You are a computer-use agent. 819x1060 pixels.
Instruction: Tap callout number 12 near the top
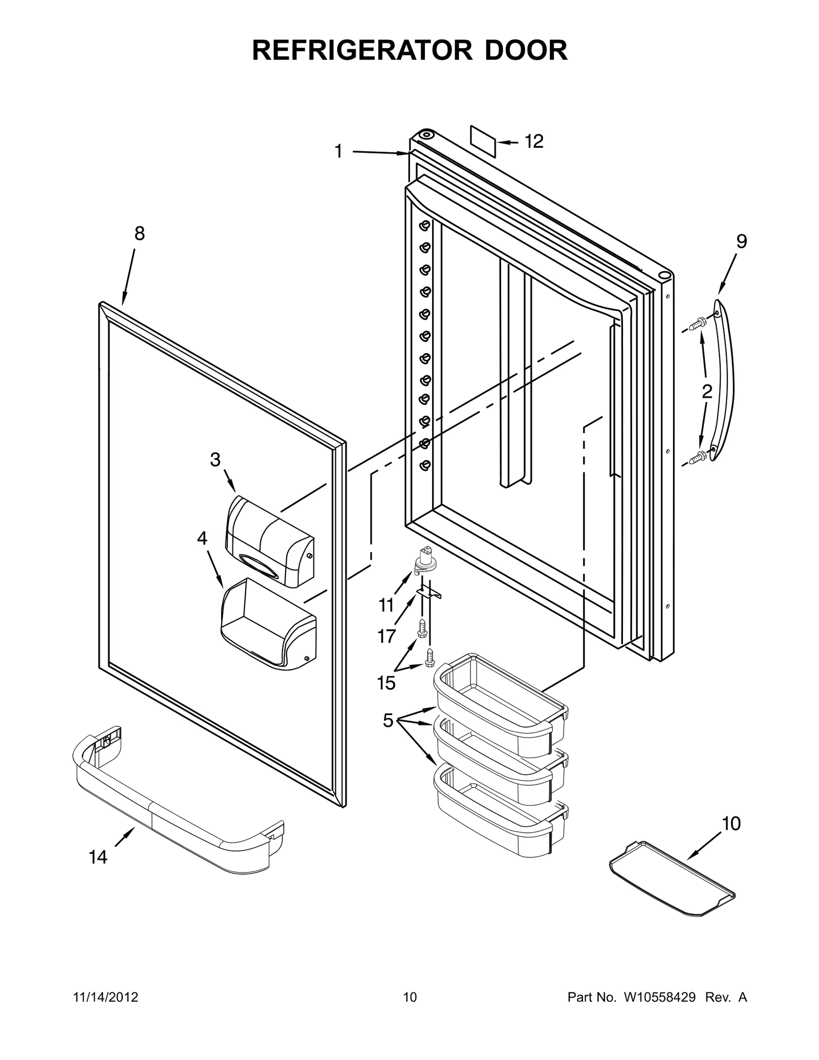click(533, 141)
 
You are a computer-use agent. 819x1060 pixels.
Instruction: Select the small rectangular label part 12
click(483, 141)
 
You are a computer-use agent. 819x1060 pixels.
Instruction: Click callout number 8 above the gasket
click(139, 234)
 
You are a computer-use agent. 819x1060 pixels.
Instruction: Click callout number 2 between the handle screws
click(706, 392)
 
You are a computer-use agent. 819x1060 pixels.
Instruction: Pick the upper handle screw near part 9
click(697, 323)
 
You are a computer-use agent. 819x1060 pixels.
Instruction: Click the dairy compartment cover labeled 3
click(269, 542)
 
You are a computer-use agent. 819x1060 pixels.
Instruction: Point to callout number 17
click(386, 636)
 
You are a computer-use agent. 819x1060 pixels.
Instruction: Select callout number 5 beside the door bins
click(388, 721)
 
